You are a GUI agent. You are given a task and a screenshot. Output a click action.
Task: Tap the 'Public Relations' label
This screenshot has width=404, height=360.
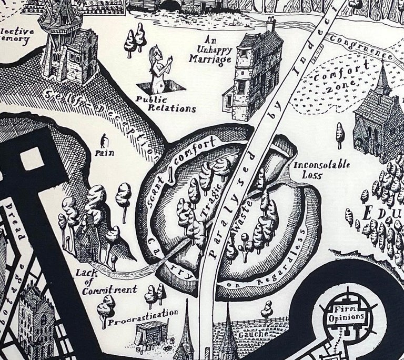[x=165, y=104]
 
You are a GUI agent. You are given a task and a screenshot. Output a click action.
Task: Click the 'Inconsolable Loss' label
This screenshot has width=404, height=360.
[x=321, y=170]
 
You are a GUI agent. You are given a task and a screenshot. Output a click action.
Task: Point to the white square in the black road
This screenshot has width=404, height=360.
[x=32, y=158]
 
